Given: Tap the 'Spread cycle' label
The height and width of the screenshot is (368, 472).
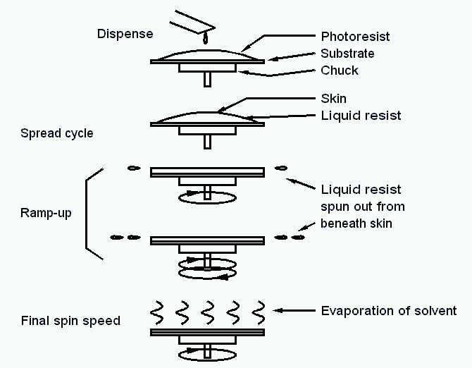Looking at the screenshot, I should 56,133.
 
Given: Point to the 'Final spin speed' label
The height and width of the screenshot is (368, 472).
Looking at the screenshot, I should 70,321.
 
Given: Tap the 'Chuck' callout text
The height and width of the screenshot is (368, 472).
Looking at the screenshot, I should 339,70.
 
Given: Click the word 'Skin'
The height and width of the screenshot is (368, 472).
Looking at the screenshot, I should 333,99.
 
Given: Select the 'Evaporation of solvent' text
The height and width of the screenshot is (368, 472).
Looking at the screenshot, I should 389,310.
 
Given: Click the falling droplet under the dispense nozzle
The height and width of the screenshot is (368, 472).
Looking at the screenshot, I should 205,39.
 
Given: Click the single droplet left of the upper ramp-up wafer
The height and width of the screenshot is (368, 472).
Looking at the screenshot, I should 131,168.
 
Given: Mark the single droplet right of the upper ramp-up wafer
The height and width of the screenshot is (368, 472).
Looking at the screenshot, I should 281,168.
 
